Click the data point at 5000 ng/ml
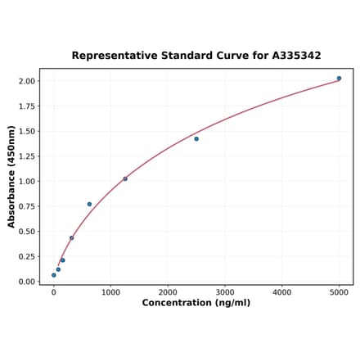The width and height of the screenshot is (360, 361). click(339, 79)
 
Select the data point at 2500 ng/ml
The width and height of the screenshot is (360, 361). click(196, 139)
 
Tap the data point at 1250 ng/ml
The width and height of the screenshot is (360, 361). click(125, 178)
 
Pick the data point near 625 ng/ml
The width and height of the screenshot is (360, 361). click(89, 204)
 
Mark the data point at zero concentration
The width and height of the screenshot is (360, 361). click(54, 275)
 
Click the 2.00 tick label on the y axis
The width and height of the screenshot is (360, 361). click(25, 81)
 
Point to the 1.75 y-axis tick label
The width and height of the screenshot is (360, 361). click(25, 106)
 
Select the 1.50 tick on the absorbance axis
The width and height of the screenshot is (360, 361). click(25, 131)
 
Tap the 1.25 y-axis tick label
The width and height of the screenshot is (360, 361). click(25, 156)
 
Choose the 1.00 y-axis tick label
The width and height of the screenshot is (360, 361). click(25, 181)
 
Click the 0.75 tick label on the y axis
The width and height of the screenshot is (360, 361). click(25, 206)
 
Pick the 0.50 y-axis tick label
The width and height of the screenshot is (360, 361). click(25, 232)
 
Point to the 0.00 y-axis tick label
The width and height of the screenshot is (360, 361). click(25, 282)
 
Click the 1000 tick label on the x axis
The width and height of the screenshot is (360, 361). click(110, 291)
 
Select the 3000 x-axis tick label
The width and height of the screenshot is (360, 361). click(225, 291)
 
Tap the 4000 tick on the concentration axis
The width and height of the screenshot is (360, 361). click(282, 291)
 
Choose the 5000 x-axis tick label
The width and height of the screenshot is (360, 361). click(340, 291)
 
